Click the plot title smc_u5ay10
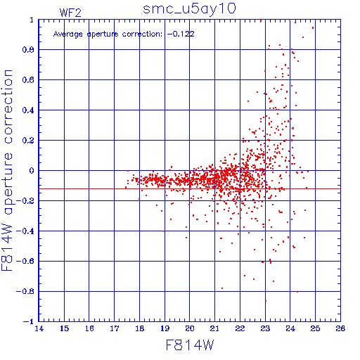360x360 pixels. click(189, 9)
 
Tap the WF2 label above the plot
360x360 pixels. click(70, 13)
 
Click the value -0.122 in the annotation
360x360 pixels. click(181, 34)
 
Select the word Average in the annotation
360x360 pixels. click(67, 34)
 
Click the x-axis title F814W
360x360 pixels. click(190, 345)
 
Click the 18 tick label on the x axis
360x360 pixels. click(140, 328)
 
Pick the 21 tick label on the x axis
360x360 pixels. click(214, 328)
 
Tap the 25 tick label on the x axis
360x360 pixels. click(315, 328)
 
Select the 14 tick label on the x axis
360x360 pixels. click(39, 328)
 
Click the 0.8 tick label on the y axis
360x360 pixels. click(28, 50)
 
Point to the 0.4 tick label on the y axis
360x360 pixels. click(28, 110)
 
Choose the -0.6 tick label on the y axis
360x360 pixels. click(25, 262)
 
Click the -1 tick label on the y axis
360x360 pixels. click(29, 321)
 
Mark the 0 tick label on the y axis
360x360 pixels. click(32, 171)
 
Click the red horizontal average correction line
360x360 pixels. click(190, 188)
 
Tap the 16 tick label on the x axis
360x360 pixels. click(89, 328)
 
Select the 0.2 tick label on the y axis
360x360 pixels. click(28, 141)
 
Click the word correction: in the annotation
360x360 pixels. click(142, 34)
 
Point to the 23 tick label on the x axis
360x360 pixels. click(265, 328)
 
